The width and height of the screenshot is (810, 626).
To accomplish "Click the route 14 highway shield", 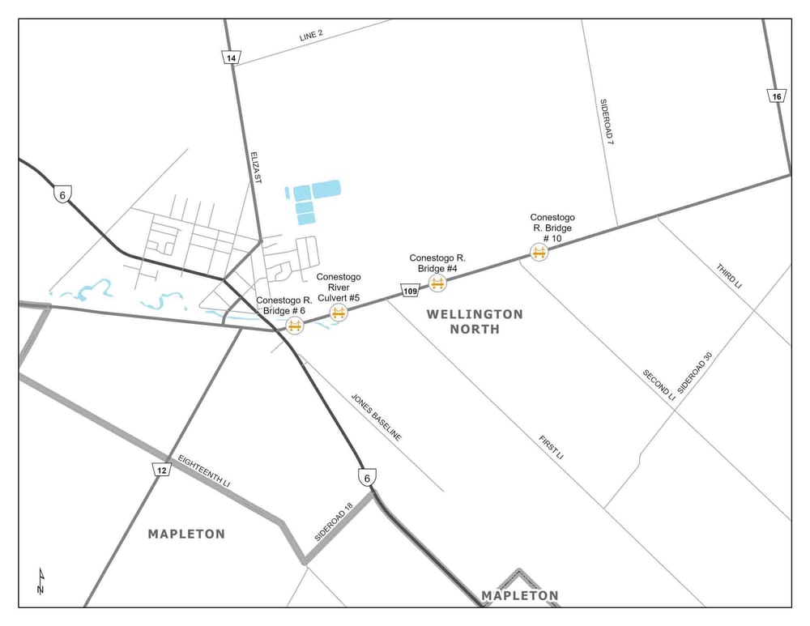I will click(x=231, y=57).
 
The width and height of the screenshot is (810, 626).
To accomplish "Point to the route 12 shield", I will click(x=162, y=470).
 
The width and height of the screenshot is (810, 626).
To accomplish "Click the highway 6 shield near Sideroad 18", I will click(x=368, y=477).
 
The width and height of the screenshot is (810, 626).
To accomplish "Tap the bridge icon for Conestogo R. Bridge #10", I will click(x=539, y=253).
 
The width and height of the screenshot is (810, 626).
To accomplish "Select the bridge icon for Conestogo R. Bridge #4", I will click(x=437, y=283).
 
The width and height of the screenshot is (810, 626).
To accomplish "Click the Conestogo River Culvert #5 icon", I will click(x=339, y=313).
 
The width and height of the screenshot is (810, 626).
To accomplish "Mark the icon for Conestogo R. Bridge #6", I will click(x=294, y=326).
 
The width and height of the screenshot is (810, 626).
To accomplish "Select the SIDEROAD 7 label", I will click(x=607, y=121).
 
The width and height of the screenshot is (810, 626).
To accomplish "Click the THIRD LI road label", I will click(x=729, y=277).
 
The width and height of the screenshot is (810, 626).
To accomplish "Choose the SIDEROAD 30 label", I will click(x=696, y=371).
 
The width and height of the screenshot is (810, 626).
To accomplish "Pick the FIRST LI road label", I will click(x=551, y=448).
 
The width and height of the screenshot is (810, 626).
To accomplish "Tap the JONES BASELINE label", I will click(x=376, y=418).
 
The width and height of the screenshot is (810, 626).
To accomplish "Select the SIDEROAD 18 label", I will click(x=334, y=522).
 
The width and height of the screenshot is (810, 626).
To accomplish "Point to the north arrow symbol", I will click(x=40, y=581).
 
